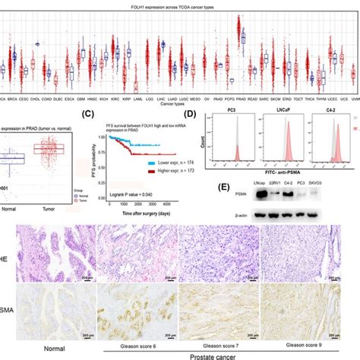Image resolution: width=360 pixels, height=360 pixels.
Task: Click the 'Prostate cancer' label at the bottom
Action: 219,354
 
